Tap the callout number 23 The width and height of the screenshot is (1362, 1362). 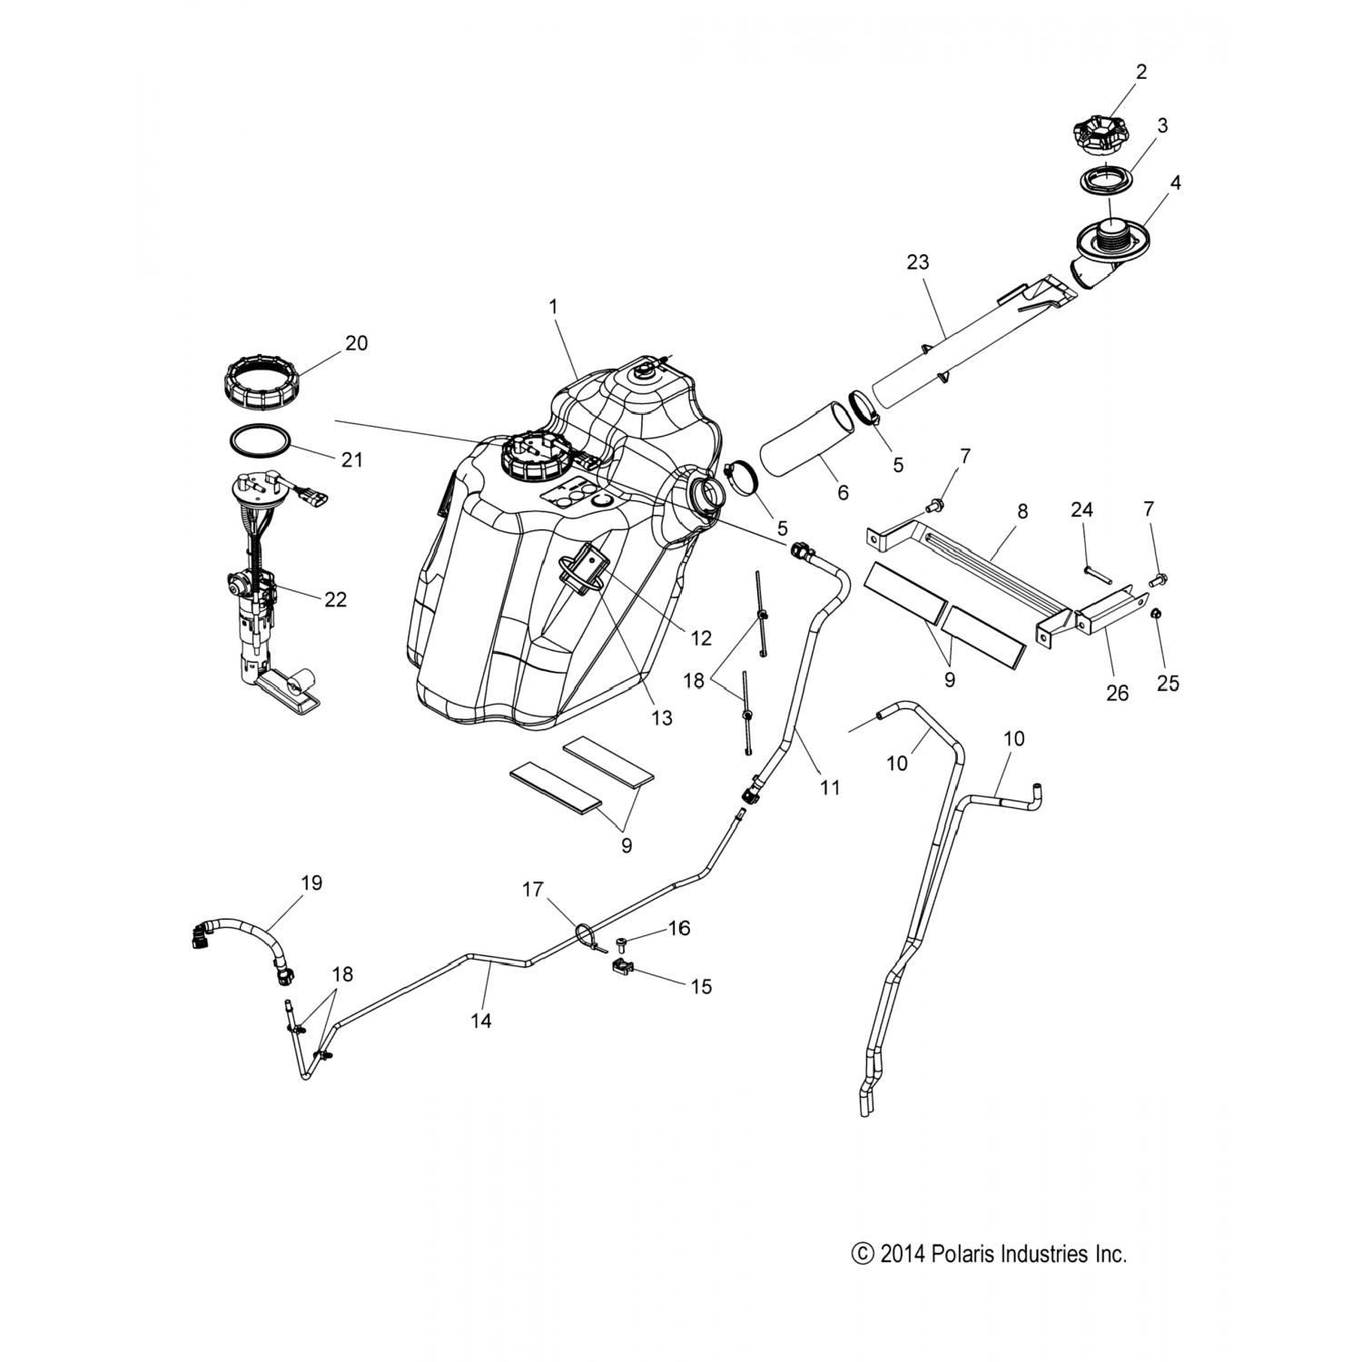(918, 262)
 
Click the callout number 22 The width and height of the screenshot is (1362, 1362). (336, 599)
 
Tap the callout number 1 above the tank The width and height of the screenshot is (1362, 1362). (553, 307)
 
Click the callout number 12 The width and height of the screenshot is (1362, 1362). (700, 637)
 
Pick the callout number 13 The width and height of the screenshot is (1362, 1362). (662, 718)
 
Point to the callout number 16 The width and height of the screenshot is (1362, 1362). (679, 928)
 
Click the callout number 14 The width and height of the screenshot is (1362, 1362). (481, 1021)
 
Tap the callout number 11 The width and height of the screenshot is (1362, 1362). (830, 787)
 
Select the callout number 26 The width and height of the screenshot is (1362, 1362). (1117, 693)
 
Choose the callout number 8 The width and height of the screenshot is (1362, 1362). (1022, 511)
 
